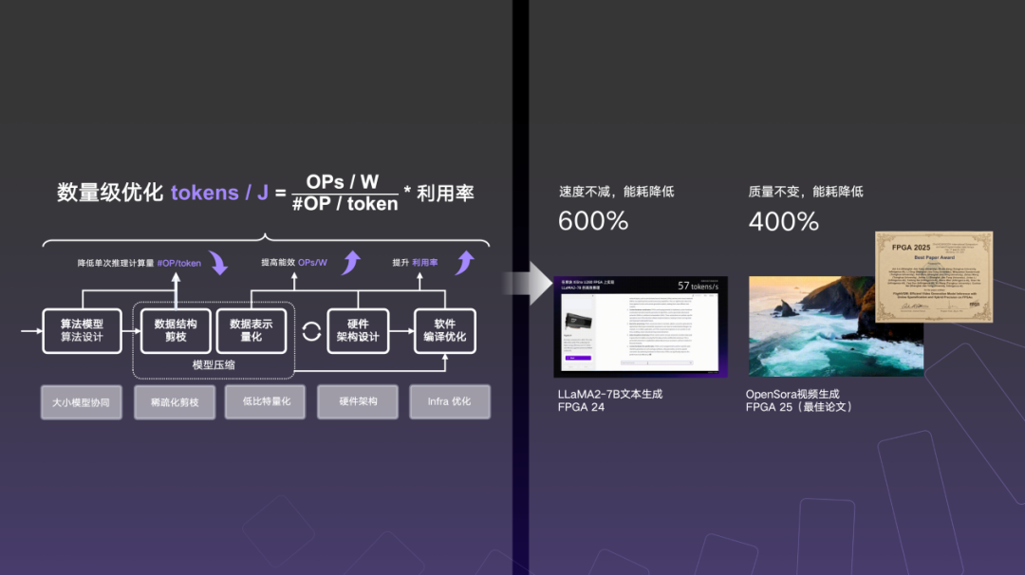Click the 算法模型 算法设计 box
[82, 330]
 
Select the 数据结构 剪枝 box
[176, 330]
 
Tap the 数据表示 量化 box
[251, 330]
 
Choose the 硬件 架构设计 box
[358, 330]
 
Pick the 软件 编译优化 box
[444, 330]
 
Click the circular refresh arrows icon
[311, 332]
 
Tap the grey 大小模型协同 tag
[82, 401]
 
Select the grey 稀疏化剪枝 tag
[175, 401]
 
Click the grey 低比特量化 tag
[259, 401]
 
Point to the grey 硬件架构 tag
[358, 401]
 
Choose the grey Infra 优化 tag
[449, 401]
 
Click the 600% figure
[593, 222]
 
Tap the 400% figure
[784, 222]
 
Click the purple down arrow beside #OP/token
[218, 263]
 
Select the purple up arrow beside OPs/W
[350, 262]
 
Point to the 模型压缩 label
[214, 365]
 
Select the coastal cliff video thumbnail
[811, 327]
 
